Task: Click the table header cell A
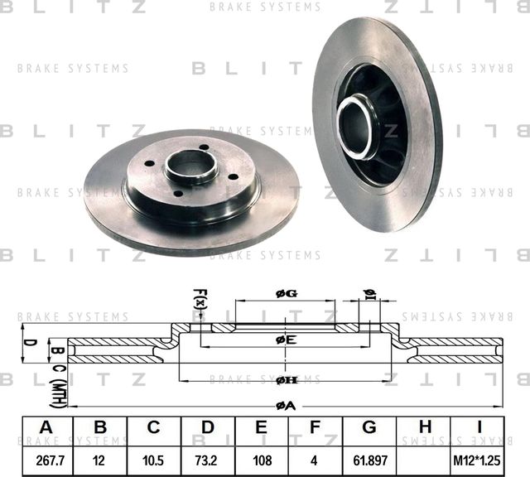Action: click(46, 428)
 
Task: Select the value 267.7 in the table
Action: click(46, 457)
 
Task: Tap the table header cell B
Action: click(100, 428)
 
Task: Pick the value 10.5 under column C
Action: click(154, 457)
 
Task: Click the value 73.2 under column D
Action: click(208, 457)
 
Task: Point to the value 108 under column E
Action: click(262, 457)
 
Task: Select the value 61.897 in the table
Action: click(369, 457)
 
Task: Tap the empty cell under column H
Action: click(424, 457)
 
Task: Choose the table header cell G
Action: click(369, 428)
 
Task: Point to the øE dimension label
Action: click(285, 340)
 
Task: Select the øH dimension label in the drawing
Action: click(287, 380)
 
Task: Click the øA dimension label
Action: click(285, 405)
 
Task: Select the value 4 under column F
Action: click(316, 457)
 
